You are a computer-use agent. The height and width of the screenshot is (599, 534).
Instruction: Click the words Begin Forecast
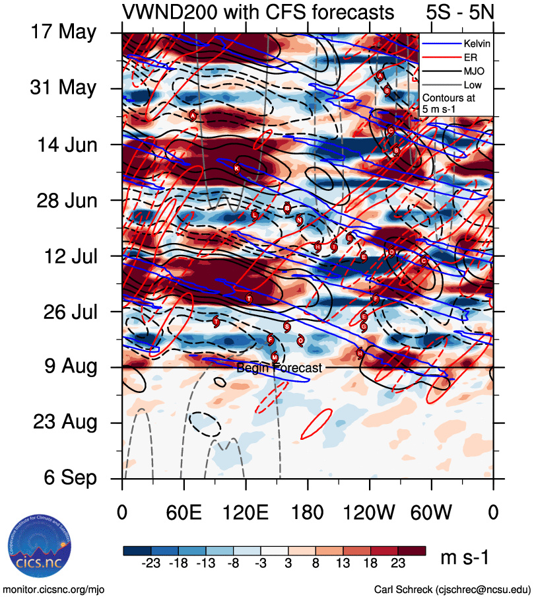click(279, 368)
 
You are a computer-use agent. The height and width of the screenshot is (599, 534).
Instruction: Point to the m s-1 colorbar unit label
click(465, 558)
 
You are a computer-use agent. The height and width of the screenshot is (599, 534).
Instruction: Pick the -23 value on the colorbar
click(150, 567)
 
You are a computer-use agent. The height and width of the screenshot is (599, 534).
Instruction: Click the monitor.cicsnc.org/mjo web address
click(54, 589)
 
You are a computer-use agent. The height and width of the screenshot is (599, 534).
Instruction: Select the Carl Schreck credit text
click(452, 589)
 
